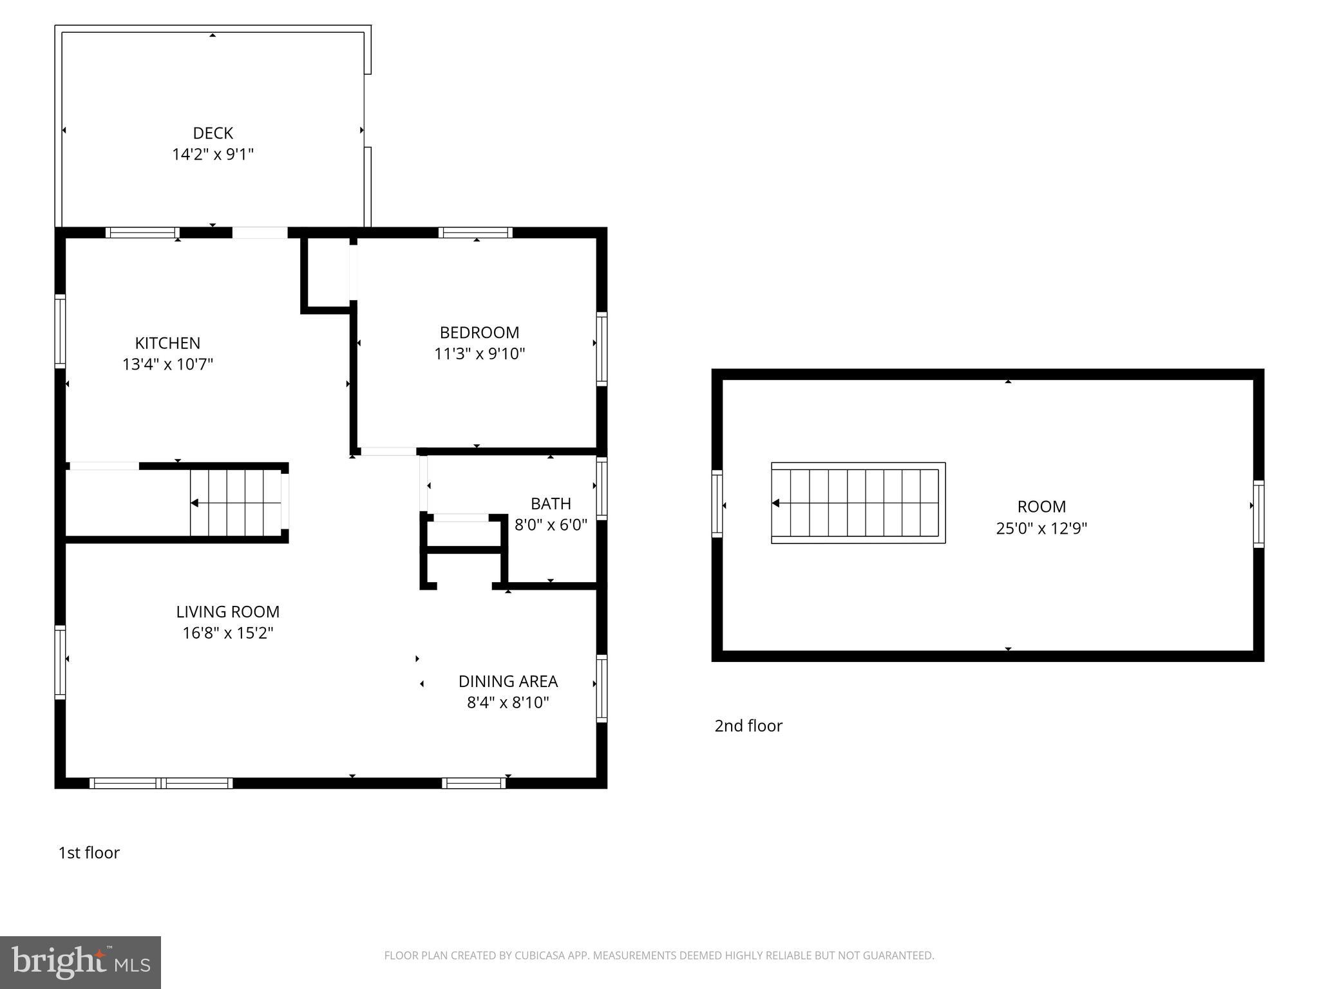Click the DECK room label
coord(213,133)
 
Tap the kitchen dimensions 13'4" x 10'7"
coord(167,364)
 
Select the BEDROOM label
coord(479,332)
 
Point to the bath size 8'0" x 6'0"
coord(551,525)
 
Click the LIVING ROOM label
coord(228,612)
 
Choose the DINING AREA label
coord(508,681)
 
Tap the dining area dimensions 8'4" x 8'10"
coord(508,702)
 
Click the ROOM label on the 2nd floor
coord(1041,507)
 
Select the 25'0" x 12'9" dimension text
coord(1041,529)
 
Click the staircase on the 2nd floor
coord(858,503)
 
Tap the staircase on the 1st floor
coord(238,503)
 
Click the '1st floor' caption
coord(89,852)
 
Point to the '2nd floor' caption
coord(748,726)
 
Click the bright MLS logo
coord(81,962)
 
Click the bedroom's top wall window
coord(476,232)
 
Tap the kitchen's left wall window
coord(60,331)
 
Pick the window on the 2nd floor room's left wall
coord(717,504)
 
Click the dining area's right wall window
coord(602,688)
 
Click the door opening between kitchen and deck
coord(260,232)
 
